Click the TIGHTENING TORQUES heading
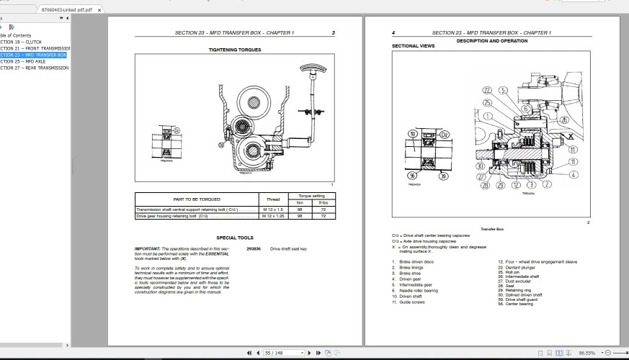point(235,50)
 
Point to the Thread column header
point(273,199)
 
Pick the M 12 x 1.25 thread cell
point(273,216)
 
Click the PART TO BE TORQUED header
point(197,199)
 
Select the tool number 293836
point(254,248)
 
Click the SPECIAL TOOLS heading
point(235,238)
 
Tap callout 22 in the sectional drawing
point(487,90)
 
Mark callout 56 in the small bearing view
point(412,175)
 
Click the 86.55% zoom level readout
point(587,354)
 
